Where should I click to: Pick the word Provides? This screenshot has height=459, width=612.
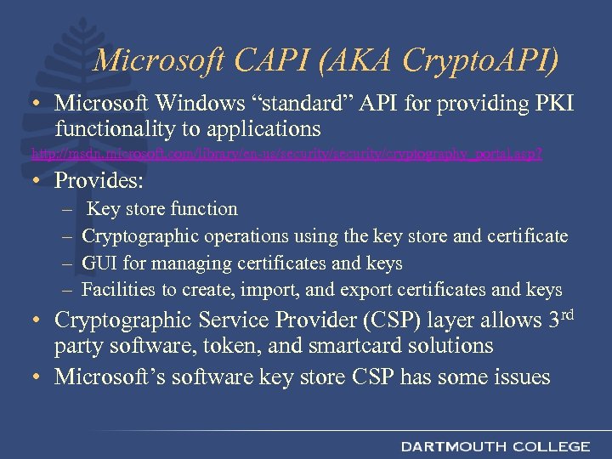(99, 180)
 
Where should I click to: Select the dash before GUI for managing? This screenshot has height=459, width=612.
(67, 263)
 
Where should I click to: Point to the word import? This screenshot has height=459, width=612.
(270, 289)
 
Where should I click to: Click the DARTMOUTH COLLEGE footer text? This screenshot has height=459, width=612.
(495, 446)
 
